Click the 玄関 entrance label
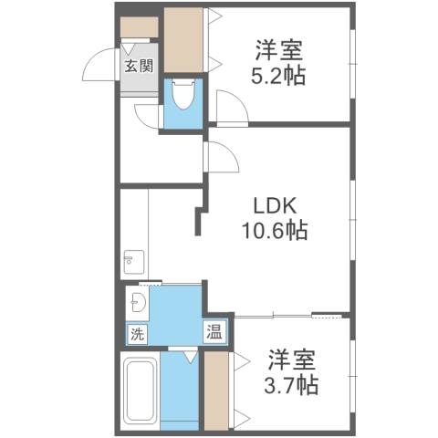tap(139, 66)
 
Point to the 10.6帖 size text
tap(274, 231)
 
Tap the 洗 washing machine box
tap(136, 333)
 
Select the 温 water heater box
tap(215, 331)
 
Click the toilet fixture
tap(182, 96)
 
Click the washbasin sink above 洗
tap(138, 303)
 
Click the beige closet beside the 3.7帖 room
tap(216, 390)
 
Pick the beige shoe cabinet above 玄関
tap(140, 27)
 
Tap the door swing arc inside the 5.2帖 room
tap(231, 108)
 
